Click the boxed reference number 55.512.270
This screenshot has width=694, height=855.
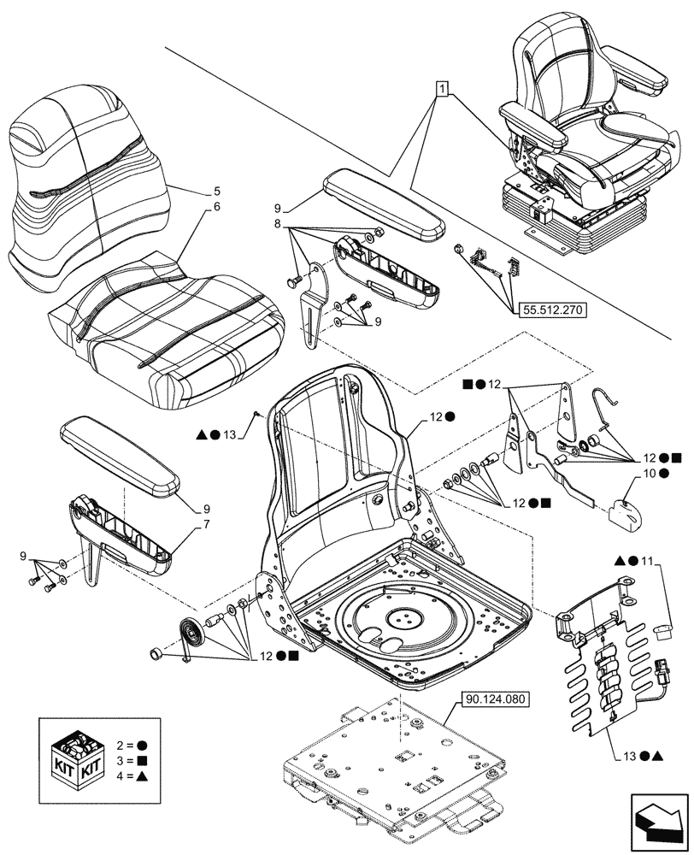(x=550, y=311)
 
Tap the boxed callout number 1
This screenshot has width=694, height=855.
(x=441, y=88)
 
